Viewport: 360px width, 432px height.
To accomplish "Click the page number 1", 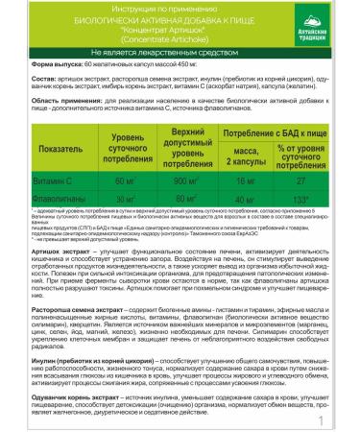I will point(346,420).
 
